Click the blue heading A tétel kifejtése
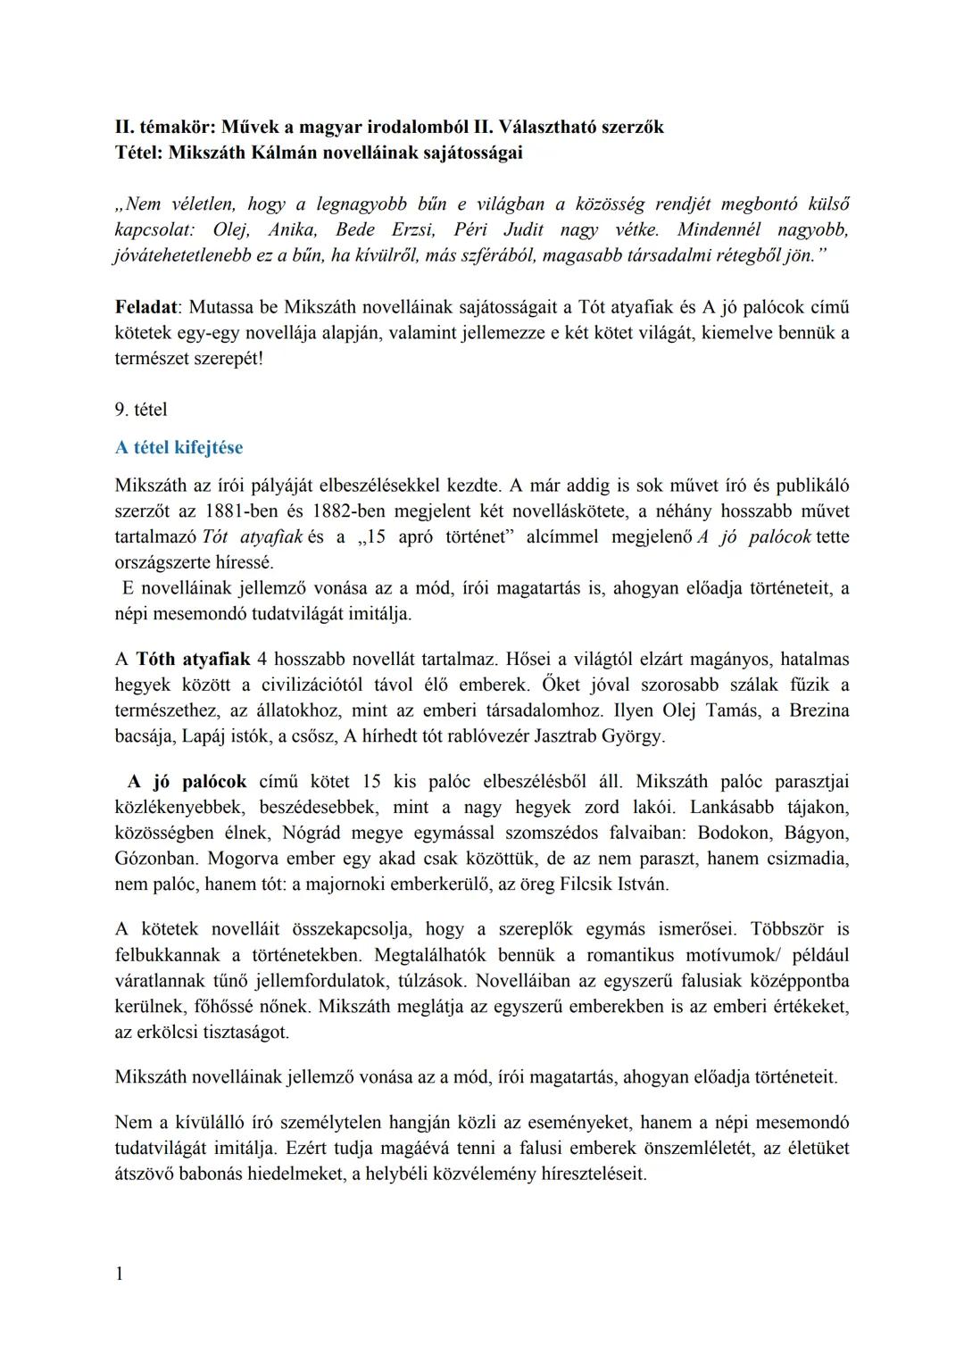[179, 448]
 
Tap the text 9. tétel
[141, 411]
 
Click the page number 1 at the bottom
[120, 1274]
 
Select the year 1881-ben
[242, 512]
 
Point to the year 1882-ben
[351, 512]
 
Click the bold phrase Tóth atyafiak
[193, 660]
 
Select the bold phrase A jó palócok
[187, 782]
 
